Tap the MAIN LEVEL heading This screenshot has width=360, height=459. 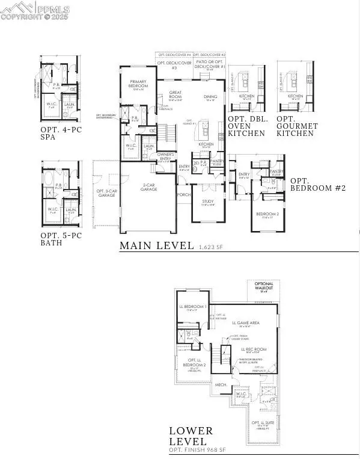pos(156,245)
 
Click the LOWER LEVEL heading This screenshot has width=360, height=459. pos(191,436)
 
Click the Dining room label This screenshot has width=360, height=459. pos(210,96)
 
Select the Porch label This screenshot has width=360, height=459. pos(183,194)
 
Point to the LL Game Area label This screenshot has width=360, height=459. pos(246,323)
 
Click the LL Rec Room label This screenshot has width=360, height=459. pos(254,349)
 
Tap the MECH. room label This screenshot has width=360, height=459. pos(221,384)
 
